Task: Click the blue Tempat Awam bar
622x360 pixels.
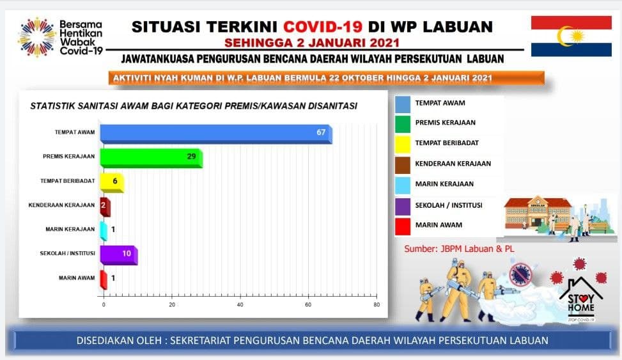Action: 216,134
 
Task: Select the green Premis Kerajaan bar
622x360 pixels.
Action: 151,158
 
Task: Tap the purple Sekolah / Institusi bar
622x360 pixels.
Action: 119,255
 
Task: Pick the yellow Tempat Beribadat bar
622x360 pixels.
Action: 112,183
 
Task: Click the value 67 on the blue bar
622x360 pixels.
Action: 321,132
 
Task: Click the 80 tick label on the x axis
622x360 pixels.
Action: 377,305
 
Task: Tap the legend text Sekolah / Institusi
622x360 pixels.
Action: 449,205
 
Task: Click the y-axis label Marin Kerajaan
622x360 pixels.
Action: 70,229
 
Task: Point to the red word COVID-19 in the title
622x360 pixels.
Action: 322,27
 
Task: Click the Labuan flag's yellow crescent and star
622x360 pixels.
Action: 570,36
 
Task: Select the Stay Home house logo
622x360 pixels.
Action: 581,300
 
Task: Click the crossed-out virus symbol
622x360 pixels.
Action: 520,274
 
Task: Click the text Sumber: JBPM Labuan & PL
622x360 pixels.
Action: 459,249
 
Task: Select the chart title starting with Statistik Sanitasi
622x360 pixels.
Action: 194,106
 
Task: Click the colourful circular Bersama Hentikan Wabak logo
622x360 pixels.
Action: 36,37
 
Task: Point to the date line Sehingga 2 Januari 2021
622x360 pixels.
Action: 312,42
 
